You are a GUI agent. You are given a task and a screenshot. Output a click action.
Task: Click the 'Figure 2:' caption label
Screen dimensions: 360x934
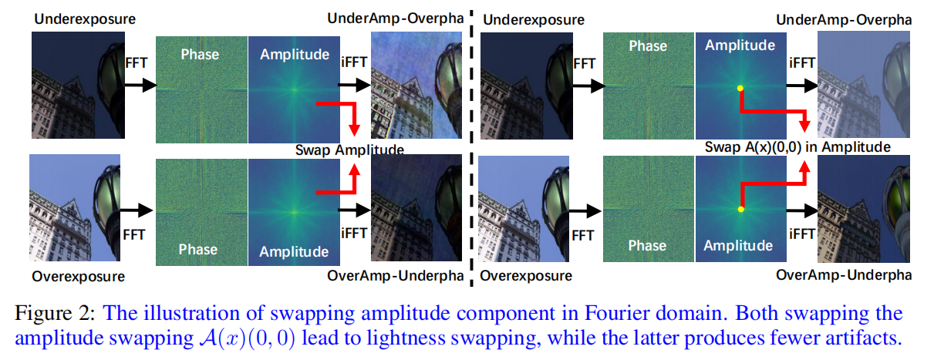[54, 314]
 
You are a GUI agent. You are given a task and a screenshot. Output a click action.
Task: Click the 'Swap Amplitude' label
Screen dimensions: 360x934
[349, 150]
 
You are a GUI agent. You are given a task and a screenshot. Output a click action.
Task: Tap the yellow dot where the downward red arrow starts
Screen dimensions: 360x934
[740, 89]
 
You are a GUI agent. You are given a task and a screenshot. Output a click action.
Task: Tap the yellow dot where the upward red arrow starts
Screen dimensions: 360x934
[740, 209]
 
